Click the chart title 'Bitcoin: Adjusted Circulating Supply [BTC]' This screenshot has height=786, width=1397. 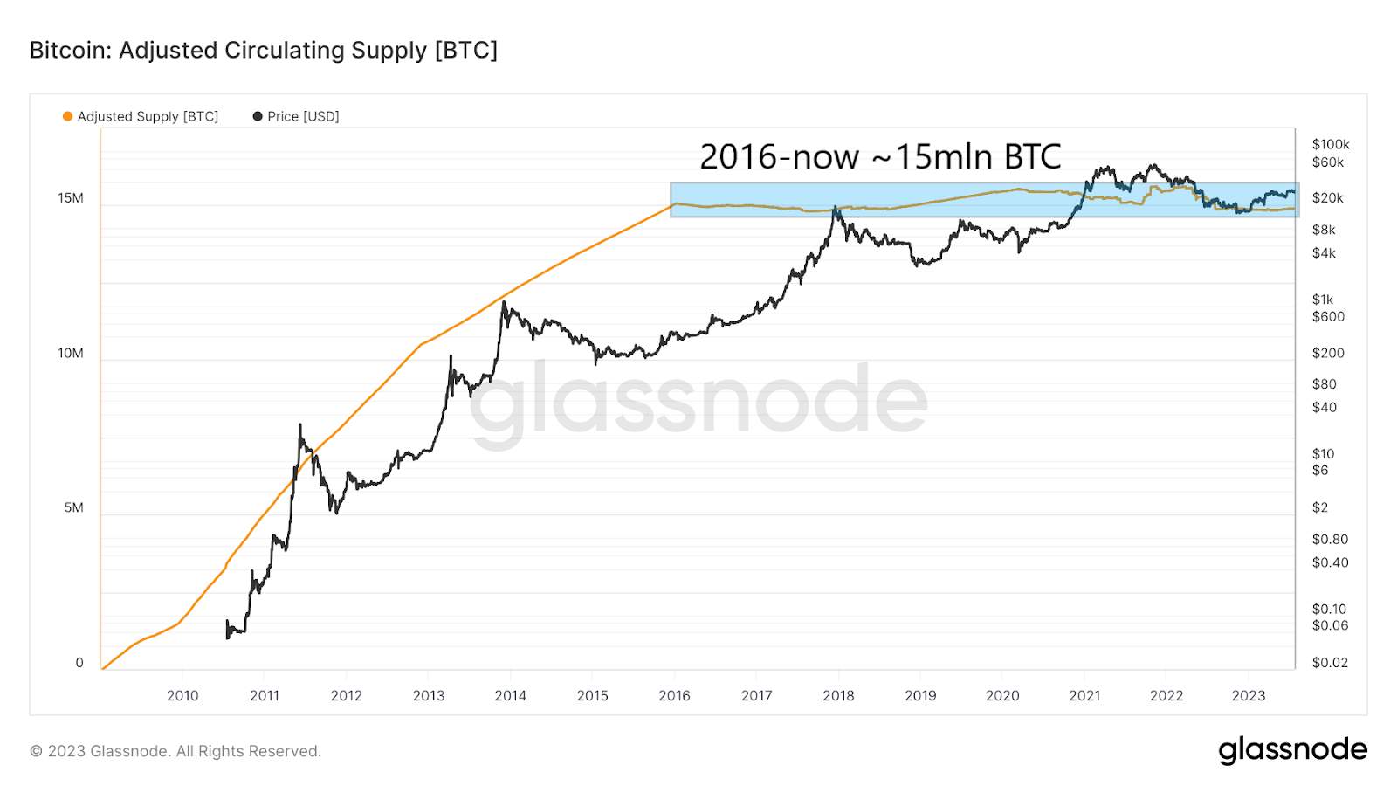263,51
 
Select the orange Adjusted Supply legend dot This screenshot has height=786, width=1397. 67,116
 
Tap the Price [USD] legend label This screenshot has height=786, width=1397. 303,116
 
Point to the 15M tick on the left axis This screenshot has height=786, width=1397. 71,198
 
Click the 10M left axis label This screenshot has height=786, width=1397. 71,353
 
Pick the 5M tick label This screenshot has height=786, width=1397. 73,507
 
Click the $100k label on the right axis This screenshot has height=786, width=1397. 1331,144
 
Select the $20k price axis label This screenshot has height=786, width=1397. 1327,198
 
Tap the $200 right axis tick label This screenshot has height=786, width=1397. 1327,353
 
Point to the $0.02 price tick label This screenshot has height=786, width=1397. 1330,662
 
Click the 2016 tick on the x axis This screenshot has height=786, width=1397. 674,695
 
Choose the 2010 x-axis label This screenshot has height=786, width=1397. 182,695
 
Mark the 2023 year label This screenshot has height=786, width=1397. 1248,695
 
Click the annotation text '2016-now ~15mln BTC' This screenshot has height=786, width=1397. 880,157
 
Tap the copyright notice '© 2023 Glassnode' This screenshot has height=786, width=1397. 175,751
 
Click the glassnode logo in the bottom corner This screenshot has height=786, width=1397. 1292,750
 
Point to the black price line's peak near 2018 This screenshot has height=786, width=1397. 836,208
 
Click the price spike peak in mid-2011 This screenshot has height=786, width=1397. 299,425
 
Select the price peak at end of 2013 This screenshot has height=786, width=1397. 504,302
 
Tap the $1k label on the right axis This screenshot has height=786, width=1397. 1323,300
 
